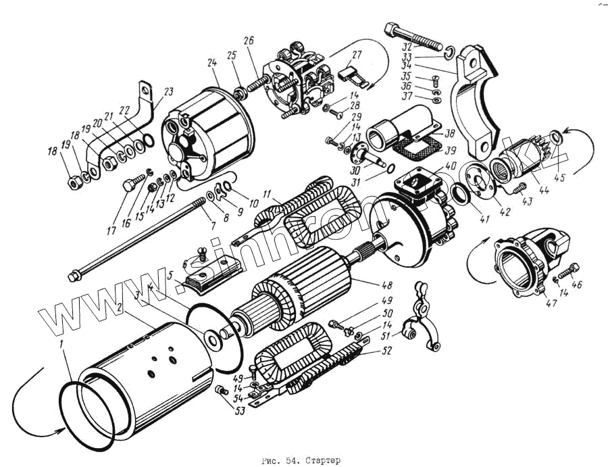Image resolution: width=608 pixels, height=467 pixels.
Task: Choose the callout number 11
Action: click(268, 192)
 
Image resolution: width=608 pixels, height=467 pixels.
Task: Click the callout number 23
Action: click(168, 91)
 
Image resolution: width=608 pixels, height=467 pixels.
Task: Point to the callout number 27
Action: click(357, 54)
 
